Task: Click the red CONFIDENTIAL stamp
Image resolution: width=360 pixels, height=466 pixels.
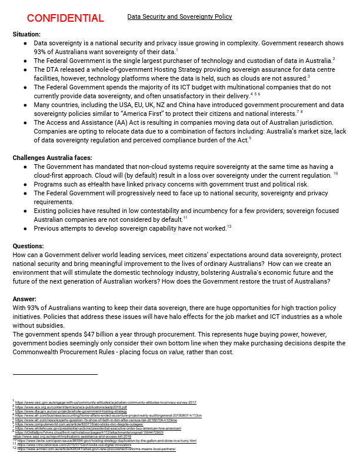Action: coord(65,18)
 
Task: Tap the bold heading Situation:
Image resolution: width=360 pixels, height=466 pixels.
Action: coord(26,35)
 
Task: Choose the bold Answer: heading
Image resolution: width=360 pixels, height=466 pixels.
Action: coord(25,299)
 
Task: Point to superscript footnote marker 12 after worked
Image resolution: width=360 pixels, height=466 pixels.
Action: coord(229,227)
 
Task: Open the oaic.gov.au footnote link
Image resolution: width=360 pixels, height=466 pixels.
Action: coord(105,402)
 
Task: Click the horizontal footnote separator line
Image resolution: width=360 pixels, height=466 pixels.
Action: coord(55,374)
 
